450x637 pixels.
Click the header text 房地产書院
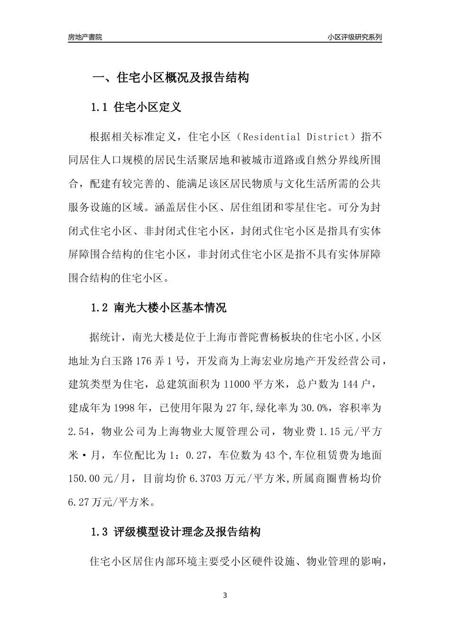tap(85, 37)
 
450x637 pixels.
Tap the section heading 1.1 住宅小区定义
tap(136, 107)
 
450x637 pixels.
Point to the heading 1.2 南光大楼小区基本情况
tap(158, 308)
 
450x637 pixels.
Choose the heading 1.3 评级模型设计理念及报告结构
tap(175, 532)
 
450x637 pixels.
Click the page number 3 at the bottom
tap(225, 595)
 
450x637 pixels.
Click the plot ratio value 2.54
tap(79, 431)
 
